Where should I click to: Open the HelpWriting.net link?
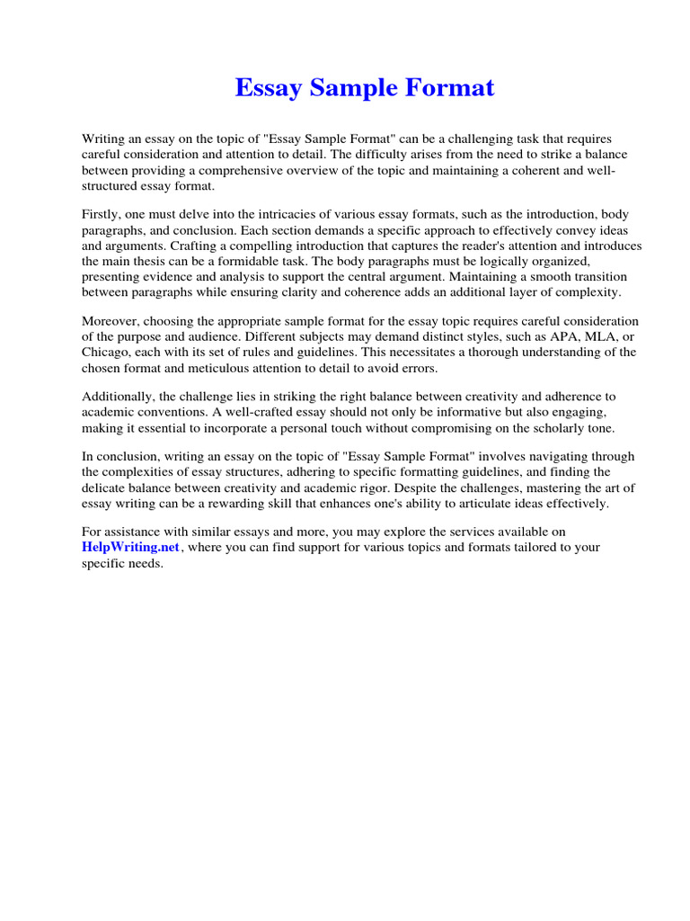pos(131,547)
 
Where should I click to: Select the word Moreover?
pos(112,321)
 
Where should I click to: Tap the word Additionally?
pos(120,397)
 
